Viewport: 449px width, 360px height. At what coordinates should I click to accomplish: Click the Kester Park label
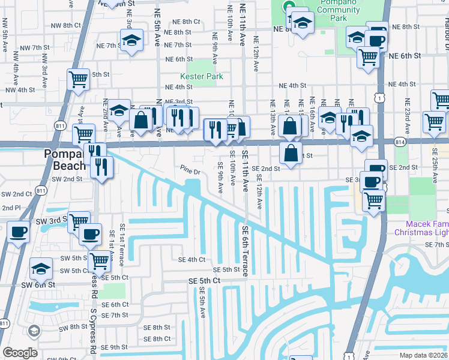[x=202, y=76]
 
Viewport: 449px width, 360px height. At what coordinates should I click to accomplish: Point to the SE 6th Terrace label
[x=246, y=251]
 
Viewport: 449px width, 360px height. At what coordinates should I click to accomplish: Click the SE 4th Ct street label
[x=191, y=260]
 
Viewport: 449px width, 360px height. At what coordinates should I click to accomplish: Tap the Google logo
[x=20, y=353]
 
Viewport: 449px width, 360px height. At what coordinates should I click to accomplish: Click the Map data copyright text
[x=423, y=355]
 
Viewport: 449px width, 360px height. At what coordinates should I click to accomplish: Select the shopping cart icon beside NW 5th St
[x=78, y=79]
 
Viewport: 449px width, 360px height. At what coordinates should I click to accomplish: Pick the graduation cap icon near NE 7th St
[x=131, y=41]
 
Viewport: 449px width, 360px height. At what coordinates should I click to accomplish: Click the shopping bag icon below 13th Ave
[x=291, y=152]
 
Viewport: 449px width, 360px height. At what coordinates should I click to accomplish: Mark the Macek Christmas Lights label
[x=420, y=227]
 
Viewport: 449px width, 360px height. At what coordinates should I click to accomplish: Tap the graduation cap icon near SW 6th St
[x=41, y=268]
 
